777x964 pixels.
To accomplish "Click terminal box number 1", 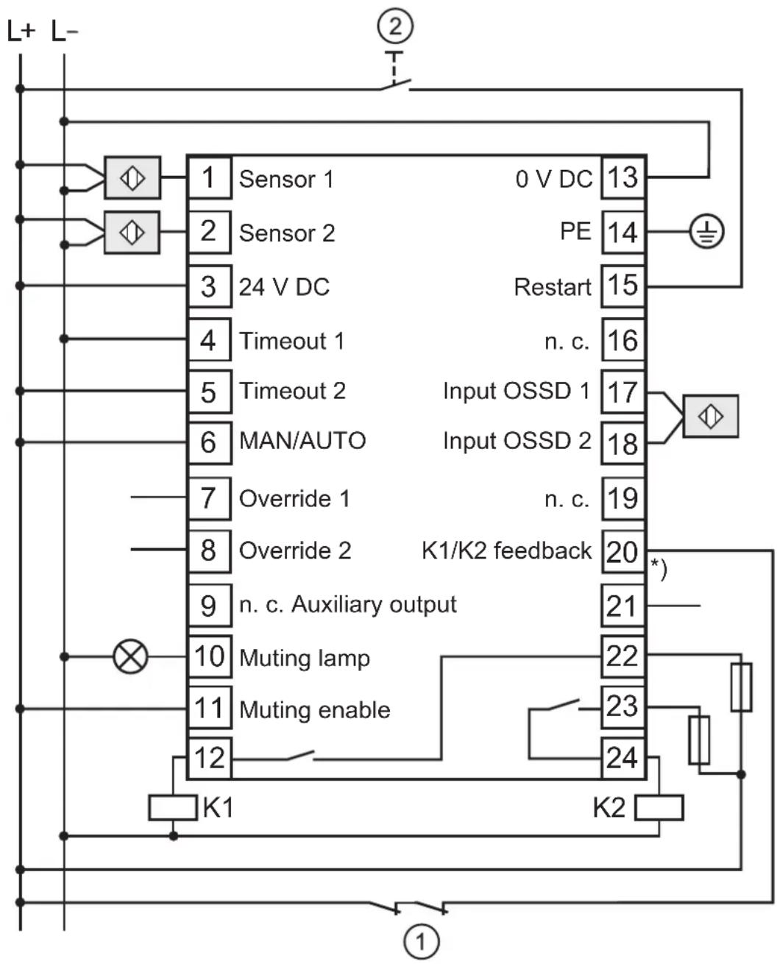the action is point(210,177).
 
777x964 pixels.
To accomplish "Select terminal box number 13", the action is point(623,177).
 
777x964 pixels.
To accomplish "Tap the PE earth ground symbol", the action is point(706,231).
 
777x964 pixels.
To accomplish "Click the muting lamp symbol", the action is point(130,656).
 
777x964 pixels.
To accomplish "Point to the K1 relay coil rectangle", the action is point(173,807).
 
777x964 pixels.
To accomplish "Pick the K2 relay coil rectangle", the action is point(659,807).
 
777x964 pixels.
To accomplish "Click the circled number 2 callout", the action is point(395,26).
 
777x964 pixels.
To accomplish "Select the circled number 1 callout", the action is point(422,941).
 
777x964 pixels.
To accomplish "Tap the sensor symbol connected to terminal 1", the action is point(132,178).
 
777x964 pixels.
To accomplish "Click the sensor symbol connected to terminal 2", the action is point(132,233).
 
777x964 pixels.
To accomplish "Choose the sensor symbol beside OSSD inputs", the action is point(711,417).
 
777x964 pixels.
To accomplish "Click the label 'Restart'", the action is point(553,287).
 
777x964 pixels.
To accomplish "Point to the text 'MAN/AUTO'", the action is point(302,440).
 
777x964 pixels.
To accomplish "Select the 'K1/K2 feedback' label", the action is point(506,550).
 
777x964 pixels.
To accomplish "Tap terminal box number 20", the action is point(623,551).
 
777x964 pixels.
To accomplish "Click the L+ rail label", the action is point(21,32).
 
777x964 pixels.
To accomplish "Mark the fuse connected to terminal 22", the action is point(741,687).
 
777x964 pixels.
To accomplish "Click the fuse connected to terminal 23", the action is point(699,740).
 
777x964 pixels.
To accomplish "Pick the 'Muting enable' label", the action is point(315,710).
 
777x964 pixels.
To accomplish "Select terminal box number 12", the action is point(210,757).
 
